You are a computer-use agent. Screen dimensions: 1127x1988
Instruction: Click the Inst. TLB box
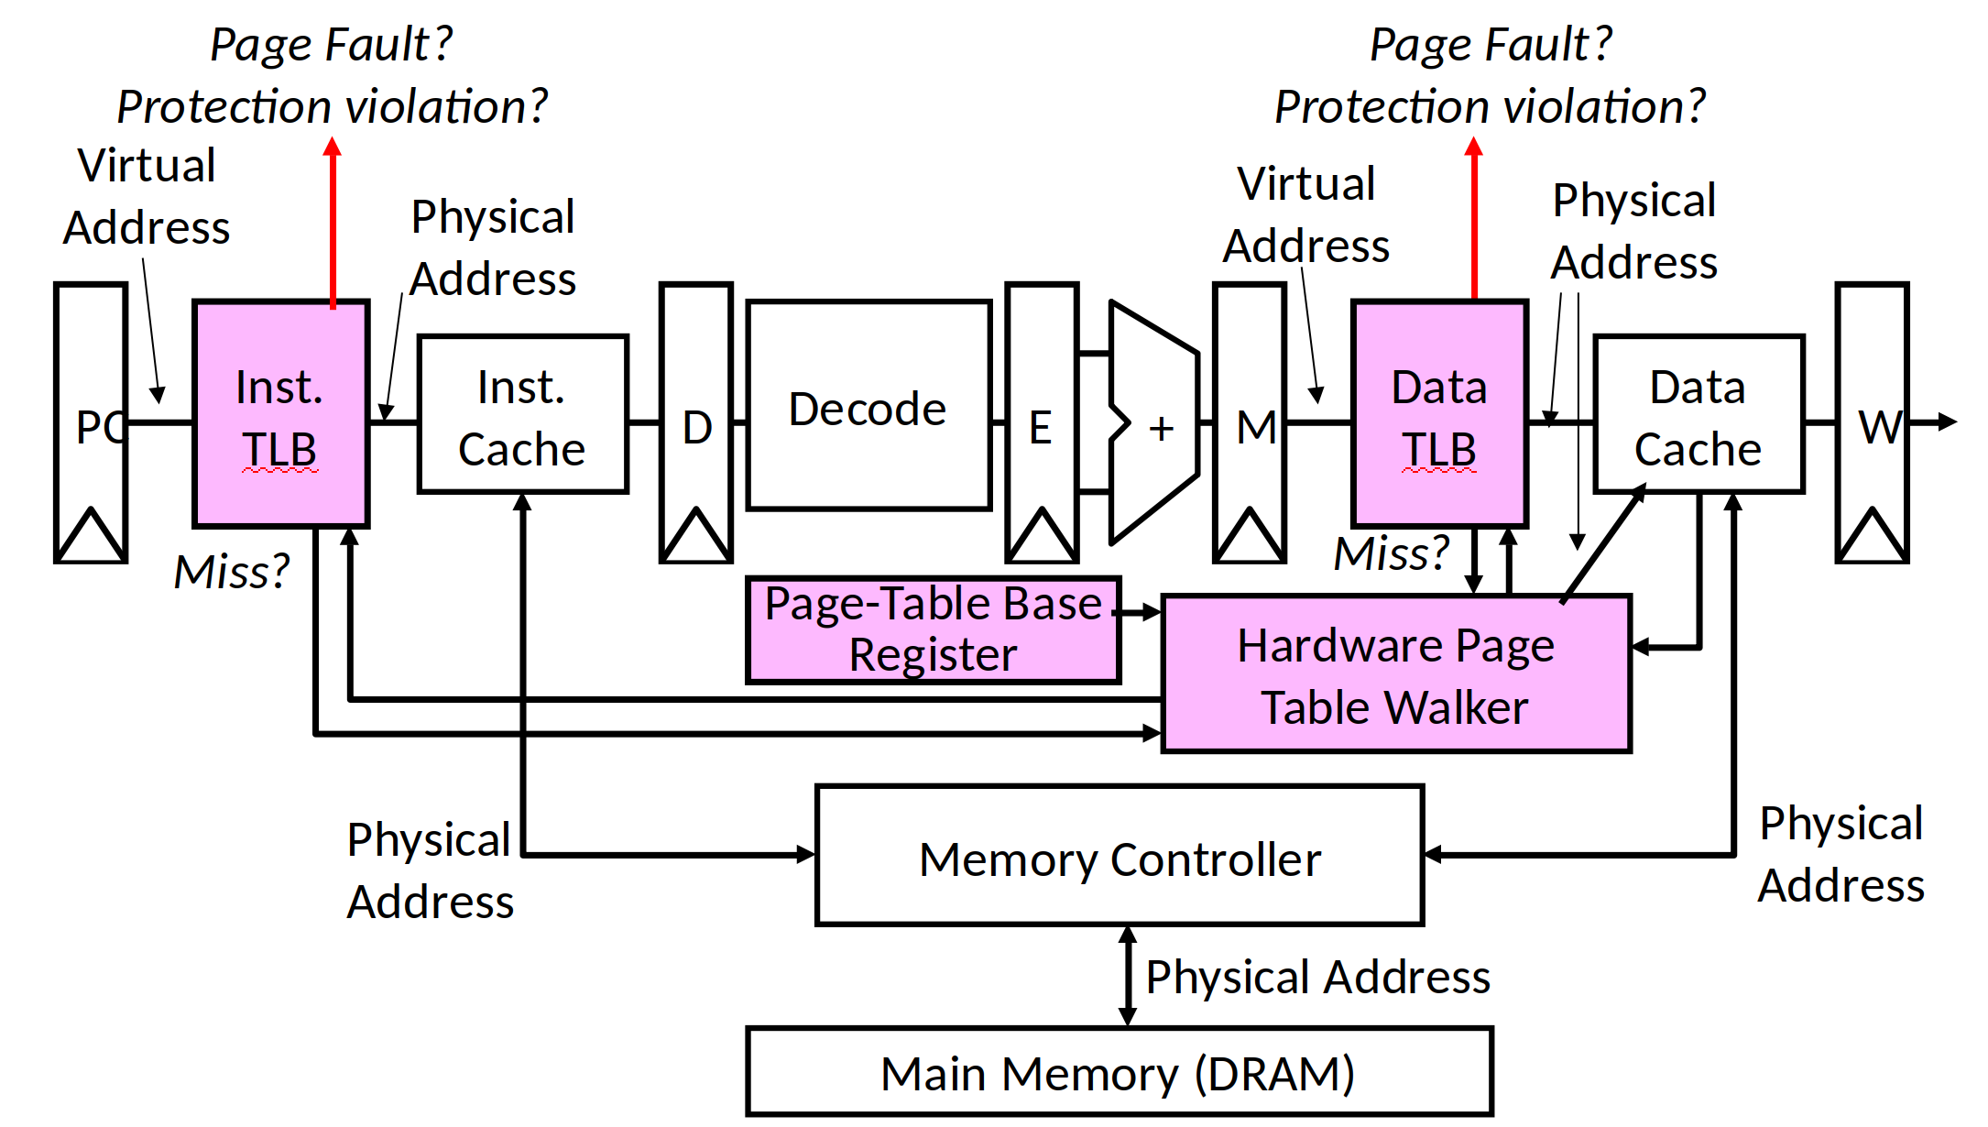click(x=281, y=414)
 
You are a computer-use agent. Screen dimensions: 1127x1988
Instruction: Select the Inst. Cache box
click(x=522, y=415)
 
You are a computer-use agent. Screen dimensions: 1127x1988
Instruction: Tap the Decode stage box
click(x=868, y=405)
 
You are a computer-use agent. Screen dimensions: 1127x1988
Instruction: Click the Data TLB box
click(x=1439, y=414)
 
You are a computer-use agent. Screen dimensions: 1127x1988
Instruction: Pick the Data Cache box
click(x=1699, y=415)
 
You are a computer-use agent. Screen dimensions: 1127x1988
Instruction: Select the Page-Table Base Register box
click(x=933, y=630)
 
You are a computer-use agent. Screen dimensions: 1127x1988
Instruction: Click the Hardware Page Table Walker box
click(x=1395, y=674)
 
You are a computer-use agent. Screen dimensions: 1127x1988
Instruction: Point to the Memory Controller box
click(x=1119, y=856)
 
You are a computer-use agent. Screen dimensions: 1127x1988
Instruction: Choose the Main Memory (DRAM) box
click(x=1119, y=1072)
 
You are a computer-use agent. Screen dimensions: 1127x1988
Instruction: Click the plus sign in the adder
click(x=1161, y=428)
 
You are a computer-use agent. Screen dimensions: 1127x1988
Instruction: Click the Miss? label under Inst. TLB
click(x=232, y=572)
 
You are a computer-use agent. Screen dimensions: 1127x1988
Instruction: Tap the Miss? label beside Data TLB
click(x=1391, y=553)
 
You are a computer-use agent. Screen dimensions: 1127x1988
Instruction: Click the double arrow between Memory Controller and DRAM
click(x=1128, y=976)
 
